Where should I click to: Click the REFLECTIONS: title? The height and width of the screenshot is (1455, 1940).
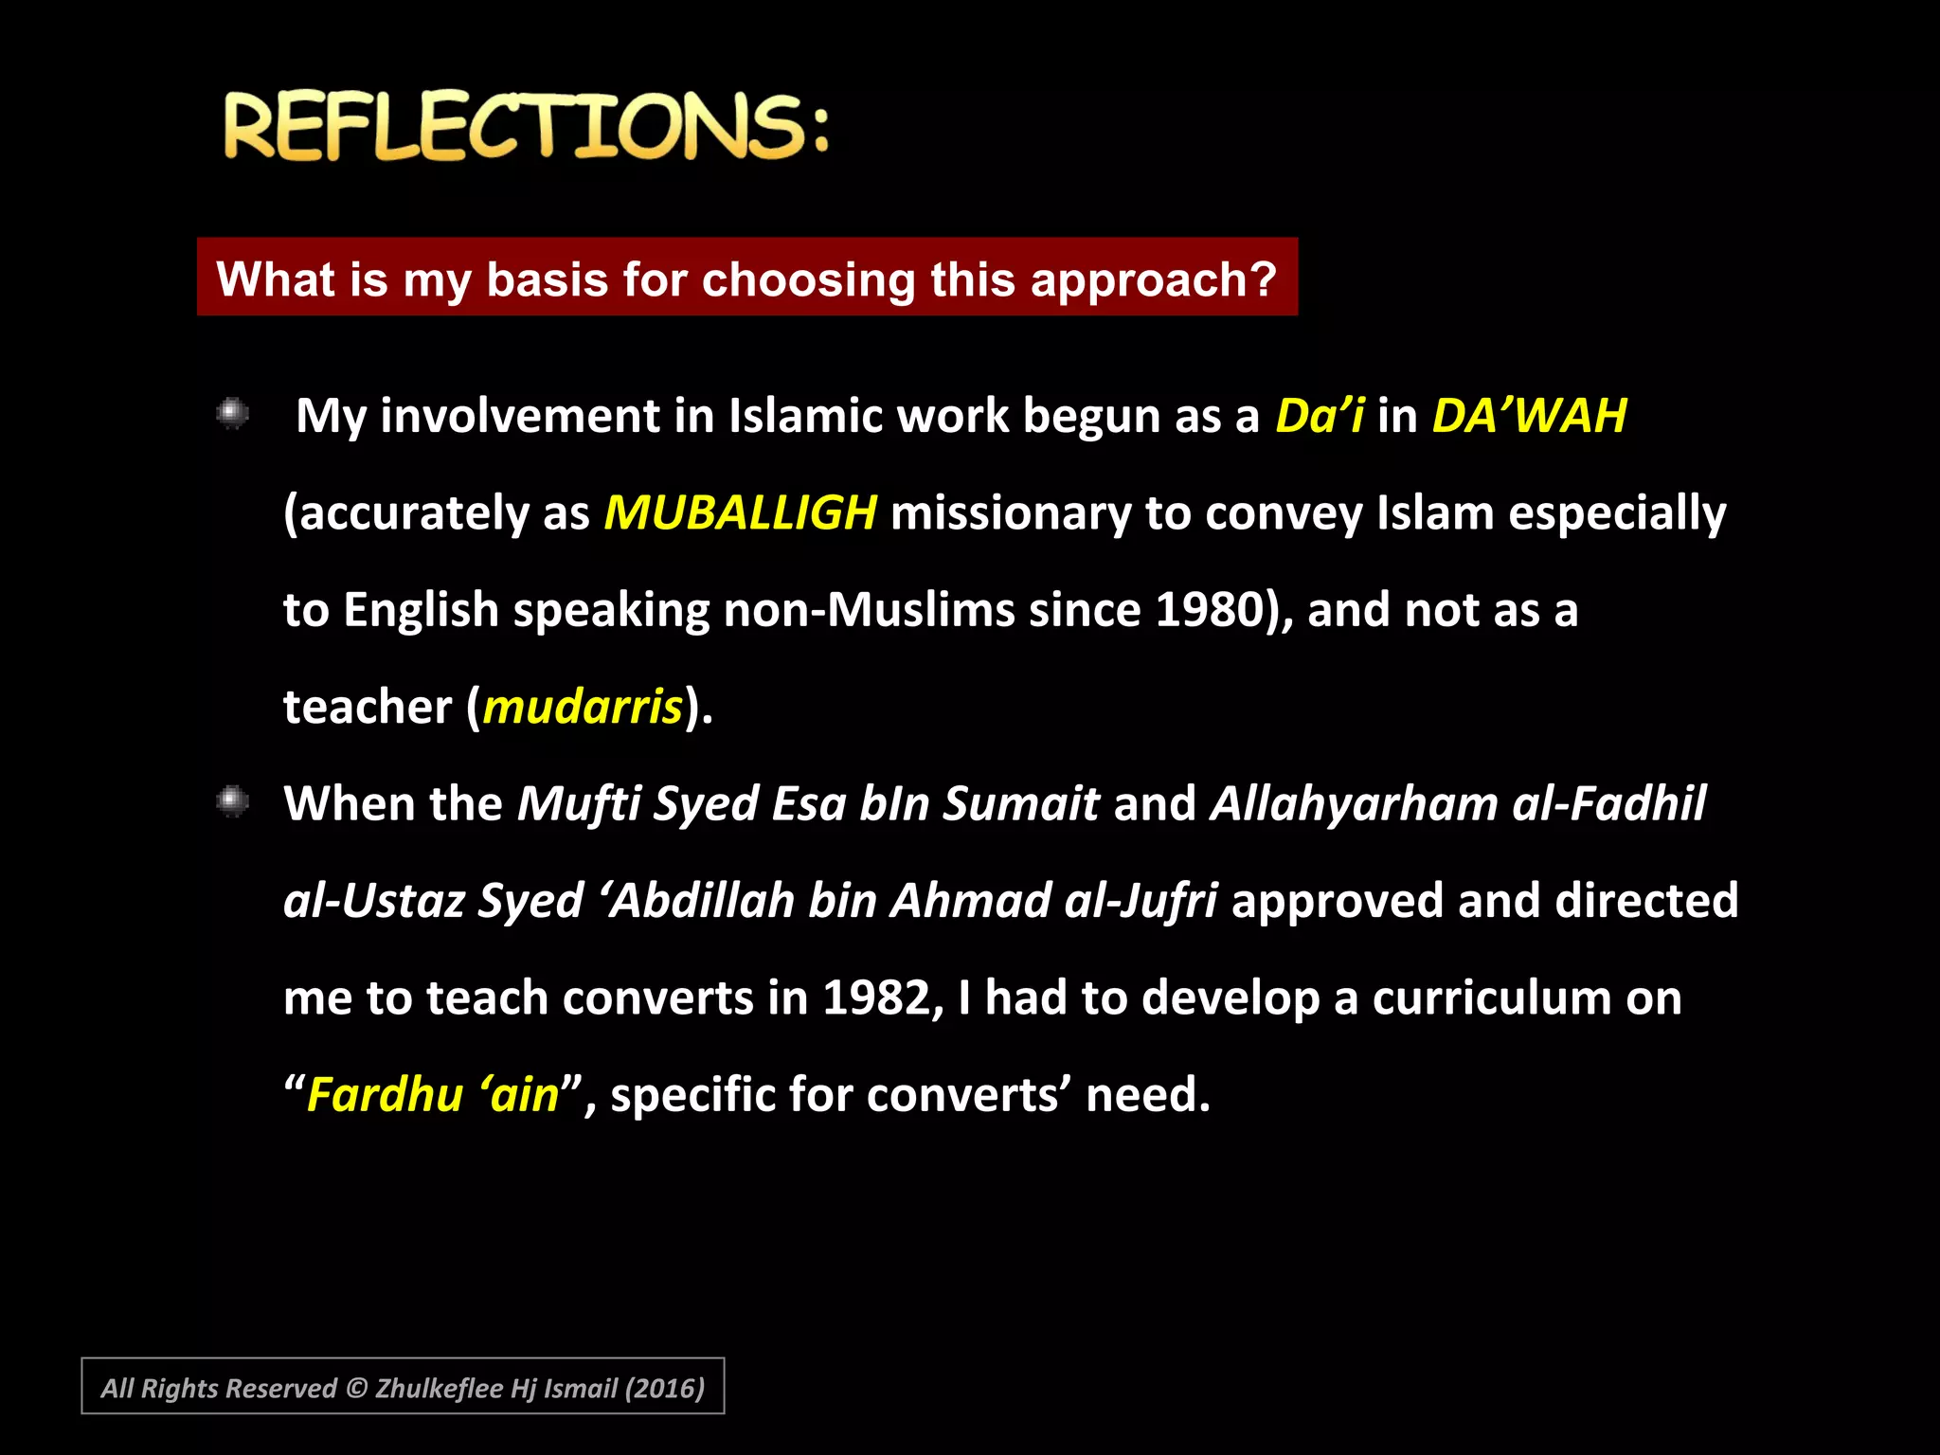tap(527, 126)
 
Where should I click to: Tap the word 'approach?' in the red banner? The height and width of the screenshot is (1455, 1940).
tap(1154, 279)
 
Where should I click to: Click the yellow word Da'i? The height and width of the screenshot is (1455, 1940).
tap(1320, 416)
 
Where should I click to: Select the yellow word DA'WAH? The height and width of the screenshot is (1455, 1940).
tap(1529, 416)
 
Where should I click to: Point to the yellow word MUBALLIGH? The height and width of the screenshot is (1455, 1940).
tap(740, 513)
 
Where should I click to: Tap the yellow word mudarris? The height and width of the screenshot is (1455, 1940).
tap(583, 708)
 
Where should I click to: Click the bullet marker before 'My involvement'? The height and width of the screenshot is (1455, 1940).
tap(232, 413)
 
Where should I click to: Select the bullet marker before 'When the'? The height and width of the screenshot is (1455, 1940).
tap(232, 801)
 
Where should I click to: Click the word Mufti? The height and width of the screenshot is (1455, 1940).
tap(579, 804)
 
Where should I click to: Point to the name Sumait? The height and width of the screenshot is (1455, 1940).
tap(1020, 804)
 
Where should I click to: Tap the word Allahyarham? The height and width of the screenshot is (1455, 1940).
tap(1354, 804)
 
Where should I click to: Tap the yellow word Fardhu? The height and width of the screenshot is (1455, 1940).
tap(385, 1095)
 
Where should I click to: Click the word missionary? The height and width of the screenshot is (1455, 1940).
tap(1011, 513)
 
